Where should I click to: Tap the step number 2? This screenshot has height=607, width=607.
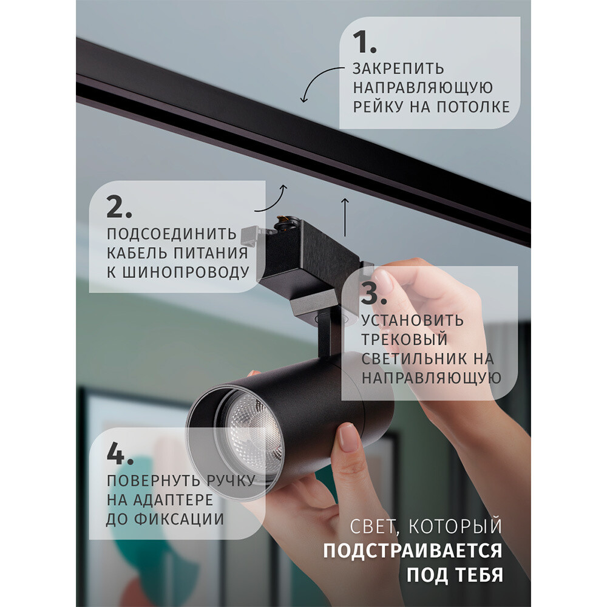119,208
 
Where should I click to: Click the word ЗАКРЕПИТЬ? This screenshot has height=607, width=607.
398,69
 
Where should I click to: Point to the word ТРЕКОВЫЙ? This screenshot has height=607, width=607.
404,339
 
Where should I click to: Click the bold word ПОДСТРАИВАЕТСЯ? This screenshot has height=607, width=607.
412,551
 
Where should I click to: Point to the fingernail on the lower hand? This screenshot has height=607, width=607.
348,437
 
